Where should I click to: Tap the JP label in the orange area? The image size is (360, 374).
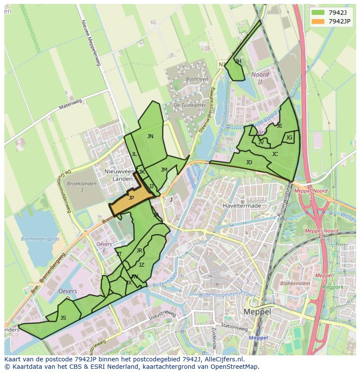pyautogui.click(x=131, y=198)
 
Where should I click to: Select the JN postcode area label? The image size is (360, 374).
pyautogui.click(x=150, y=136)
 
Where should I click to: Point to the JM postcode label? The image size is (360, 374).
pyautogui.click(x=164, y=170)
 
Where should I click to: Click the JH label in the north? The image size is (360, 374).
pyautogui.click(x=238, y=61)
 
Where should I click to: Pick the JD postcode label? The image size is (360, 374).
pyautogui.click(x=249, y=162)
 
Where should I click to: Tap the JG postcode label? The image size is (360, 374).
pyautogui.click(x=289, y=138)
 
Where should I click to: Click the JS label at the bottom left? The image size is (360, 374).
pyautogui.click(x=63, y=318)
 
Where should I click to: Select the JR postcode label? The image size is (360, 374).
pyautogui.click(x=139, y=251)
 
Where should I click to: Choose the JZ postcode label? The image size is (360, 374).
pyautogui.click(x=141, y=265)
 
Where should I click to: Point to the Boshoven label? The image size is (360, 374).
pyautogui.click(x=197, y=79)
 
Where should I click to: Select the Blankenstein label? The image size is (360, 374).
pyautogui.click(x=295, y=283)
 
